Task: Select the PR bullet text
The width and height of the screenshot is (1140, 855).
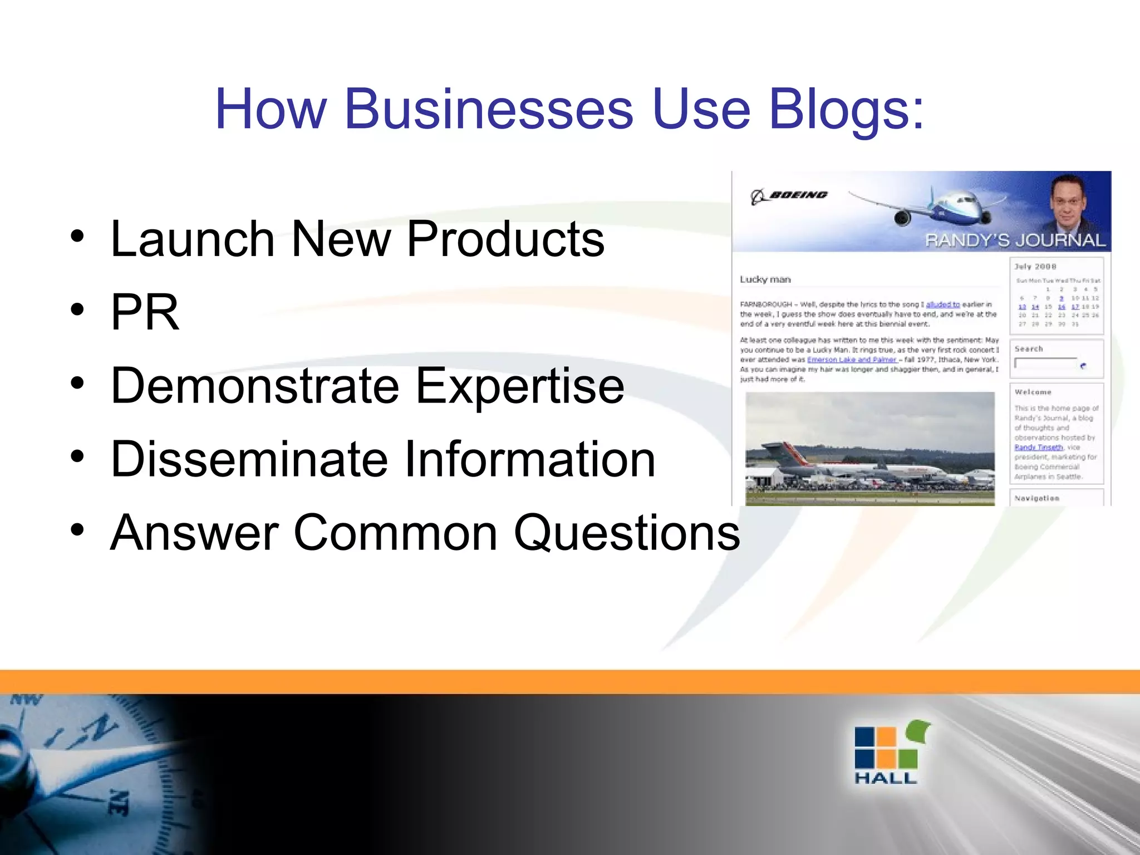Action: tap(145, 312)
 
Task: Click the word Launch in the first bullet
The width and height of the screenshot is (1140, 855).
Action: tap(193, 239)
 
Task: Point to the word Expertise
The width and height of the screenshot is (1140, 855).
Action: tap(520, 386)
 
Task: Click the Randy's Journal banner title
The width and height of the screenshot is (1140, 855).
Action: tap(1015, 240)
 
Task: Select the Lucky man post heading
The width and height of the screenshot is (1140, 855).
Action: tap(765, 279)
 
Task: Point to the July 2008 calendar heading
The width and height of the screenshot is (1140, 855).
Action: tap(1035, 267)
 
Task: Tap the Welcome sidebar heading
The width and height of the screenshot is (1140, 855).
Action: tap(1033, 392)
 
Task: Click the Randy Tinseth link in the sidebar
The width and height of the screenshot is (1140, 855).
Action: tap(1038, 448)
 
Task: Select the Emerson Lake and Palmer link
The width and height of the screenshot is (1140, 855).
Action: tap(851, 360)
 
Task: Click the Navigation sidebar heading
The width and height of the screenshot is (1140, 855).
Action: tap(1036, 498)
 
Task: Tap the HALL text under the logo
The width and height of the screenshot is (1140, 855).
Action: tap(886, 778)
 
